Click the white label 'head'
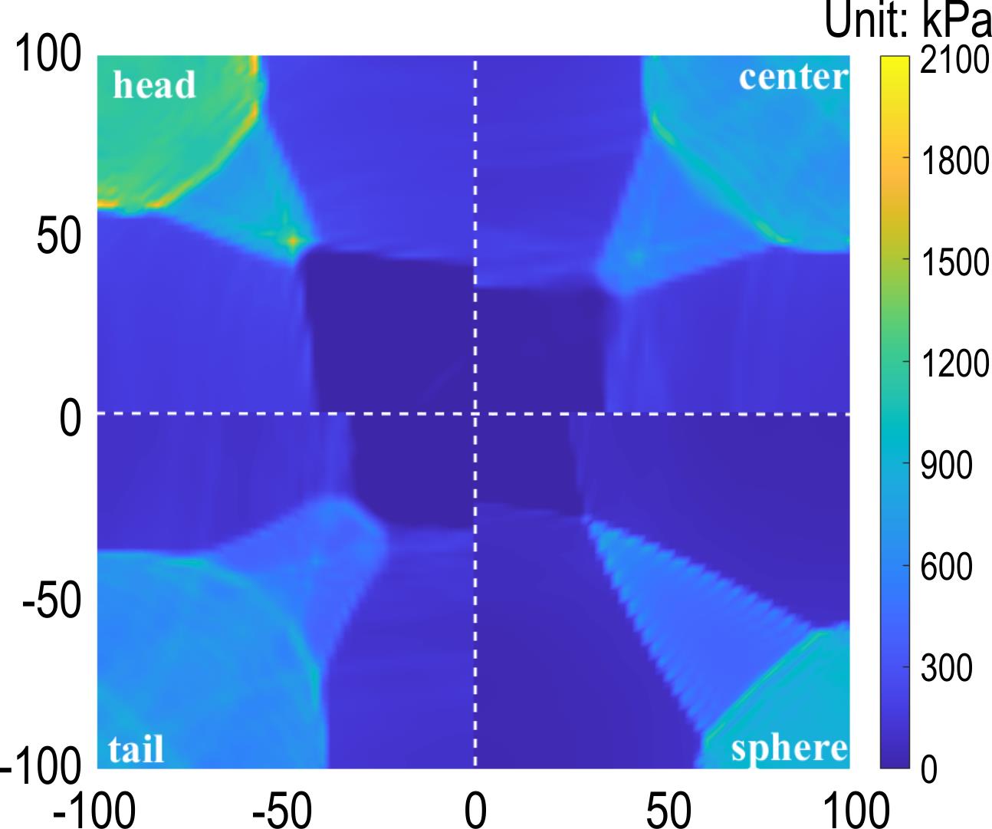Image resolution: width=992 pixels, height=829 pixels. [154, 85]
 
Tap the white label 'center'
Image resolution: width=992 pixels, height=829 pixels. [793, 77]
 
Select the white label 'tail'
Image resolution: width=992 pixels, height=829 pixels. [136, 748]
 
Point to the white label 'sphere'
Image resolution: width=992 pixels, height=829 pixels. [789, 747]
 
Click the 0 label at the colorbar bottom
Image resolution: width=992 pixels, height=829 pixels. [928, 769]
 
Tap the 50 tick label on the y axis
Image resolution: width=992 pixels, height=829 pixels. [59, 238]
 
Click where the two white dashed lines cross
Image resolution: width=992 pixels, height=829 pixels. [475, 414]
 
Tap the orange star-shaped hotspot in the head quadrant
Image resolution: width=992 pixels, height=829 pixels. [293, 240]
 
